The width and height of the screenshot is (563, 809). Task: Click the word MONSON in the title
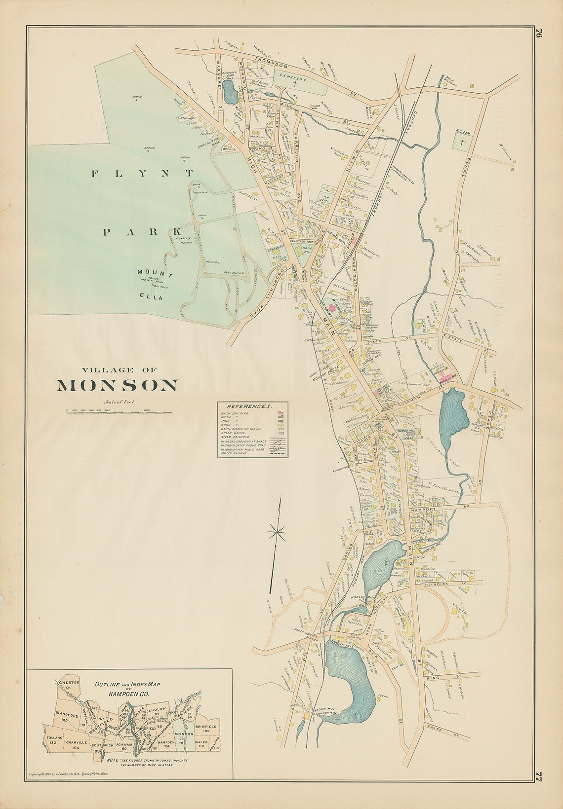[x=116, y=386]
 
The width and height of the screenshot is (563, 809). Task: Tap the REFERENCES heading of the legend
[x=252, y=406]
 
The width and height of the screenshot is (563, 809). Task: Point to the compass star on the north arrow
[x=278, y=532]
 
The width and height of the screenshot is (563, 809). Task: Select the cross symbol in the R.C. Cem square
[x=462, y=143]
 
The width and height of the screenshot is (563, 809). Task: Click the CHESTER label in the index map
[x=69, y=683]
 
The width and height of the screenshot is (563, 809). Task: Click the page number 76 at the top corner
[x=539, y=36]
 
